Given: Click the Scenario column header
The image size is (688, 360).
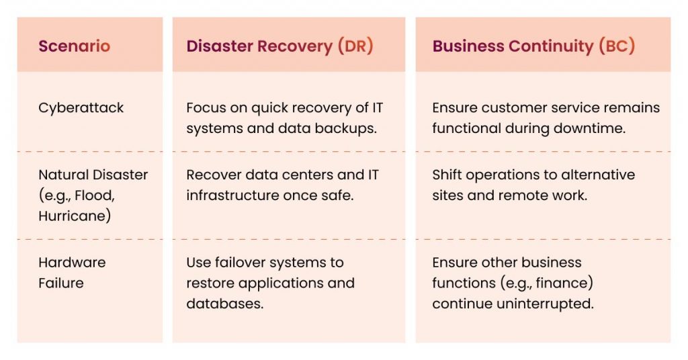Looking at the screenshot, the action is click(x=74, y=46).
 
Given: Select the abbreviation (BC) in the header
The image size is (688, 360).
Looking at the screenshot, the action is click(x=616, y=46).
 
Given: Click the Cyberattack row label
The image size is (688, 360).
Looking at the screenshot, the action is click(x=81, y=107).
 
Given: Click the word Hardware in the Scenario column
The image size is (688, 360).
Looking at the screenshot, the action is click(x=72, y=263).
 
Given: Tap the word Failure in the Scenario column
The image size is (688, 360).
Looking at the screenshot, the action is click(x=61, y=283).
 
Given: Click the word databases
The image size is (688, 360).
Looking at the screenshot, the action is click(x=224, y=304).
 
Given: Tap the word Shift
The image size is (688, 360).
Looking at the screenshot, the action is click(x=447, y=175).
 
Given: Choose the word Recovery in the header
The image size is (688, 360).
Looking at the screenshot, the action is click(x=296, y=46).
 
